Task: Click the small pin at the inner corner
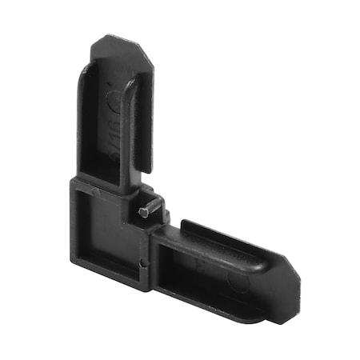tap(142, 212)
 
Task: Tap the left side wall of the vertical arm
tap(82, 120)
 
